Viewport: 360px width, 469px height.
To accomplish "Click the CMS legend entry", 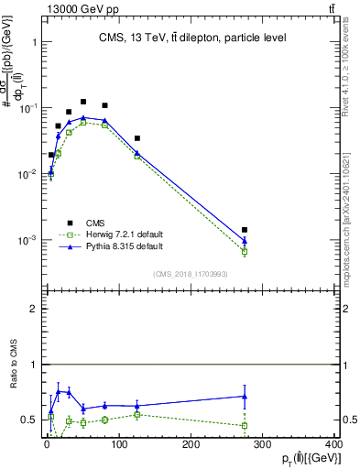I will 96,222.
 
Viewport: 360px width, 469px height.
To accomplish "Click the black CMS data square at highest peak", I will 83,102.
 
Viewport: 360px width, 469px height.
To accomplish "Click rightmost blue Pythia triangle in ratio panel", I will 245,397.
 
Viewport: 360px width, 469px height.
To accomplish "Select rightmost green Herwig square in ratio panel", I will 245,426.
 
